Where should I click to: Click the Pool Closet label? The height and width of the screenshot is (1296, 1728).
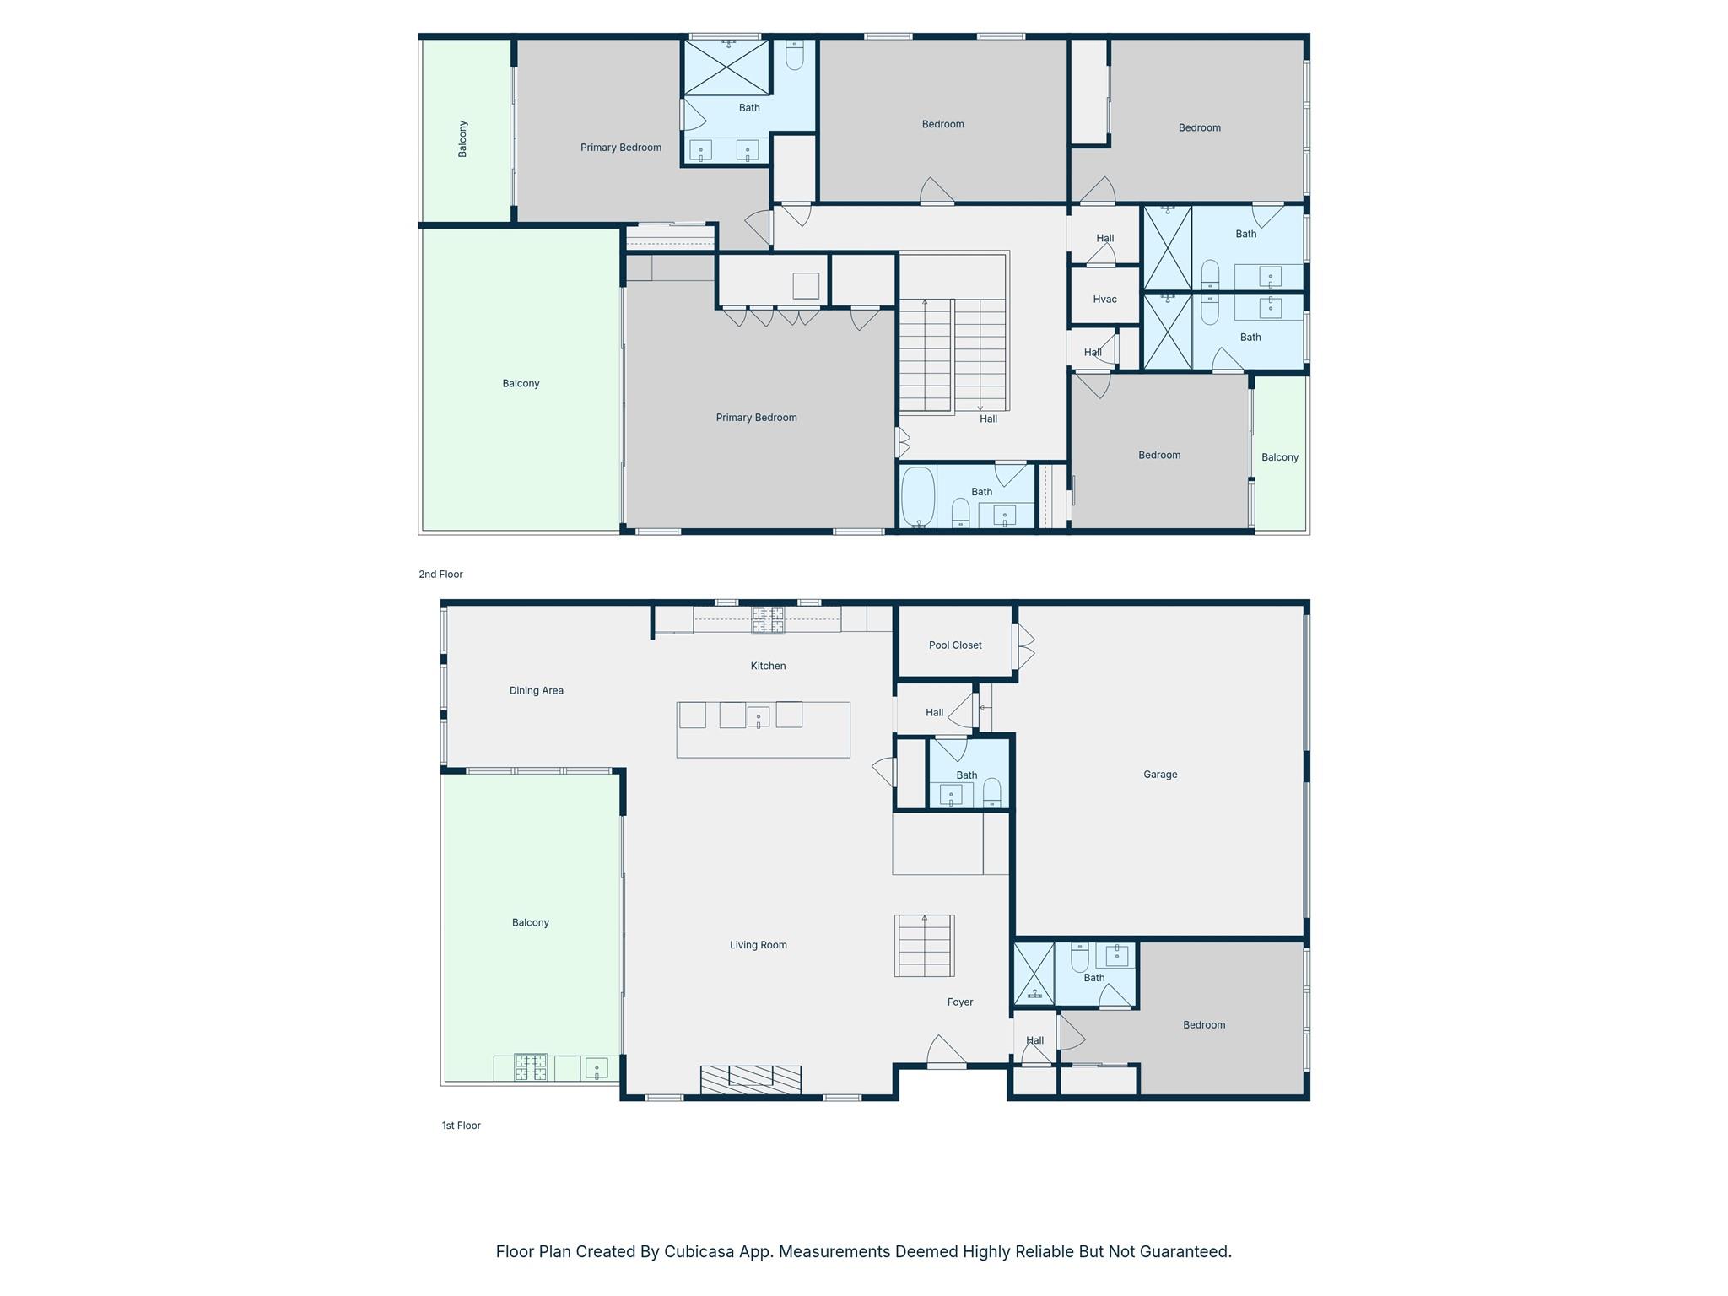(x=955, y=645)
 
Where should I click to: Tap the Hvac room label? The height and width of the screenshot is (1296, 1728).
(x=1104, y=300)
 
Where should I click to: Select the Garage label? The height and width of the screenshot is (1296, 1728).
(x=1160, y=775)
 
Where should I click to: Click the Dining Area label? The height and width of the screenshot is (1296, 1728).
(x=536, y=691)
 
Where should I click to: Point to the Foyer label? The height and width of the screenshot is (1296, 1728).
(x=960, y=1002)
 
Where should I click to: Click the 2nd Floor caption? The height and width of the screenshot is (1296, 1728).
(x=440, y=575)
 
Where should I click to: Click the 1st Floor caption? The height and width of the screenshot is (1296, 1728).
(x=461, y=1126)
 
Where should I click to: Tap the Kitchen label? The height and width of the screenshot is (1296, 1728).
(x=768, y=667)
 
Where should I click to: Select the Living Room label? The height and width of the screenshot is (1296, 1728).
(x=758, y=946)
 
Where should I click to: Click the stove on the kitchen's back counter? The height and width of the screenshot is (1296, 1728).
(x=768, y=620)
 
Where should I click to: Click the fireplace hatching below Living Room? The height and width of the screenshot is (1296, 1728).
(x=750, y=1080)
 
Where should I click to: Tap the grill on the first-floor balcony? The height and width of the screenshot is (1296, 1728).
(x=531, y=1067)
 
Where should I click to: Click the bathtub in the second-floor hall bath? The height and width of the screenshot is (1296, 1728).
(x=918, y=498)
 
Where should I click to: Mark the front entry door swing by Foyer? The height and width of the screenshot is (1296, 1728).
(x=945, y=1053)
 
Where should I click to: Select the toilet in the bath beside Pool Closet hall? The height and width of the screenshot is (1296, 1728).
(x=992, y=792)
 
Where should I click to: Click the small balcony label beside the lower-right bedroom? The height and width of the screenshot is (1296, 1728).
(x=1279, y=457)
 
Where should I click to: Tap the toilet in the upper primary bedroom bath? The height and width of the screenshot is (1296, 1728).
(x=795, y=56)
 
